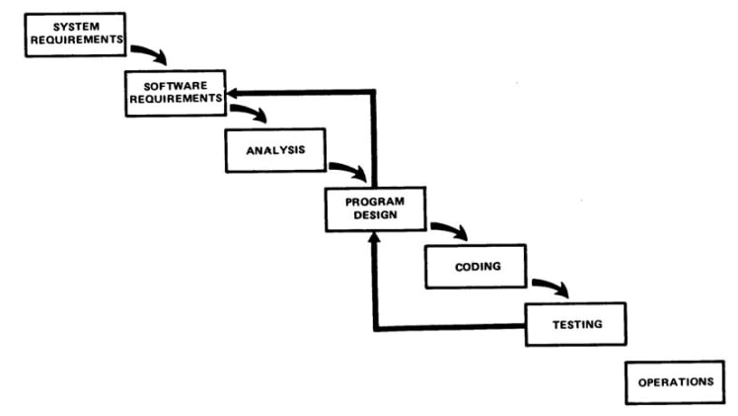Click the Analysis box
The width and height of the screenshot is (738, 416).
pyautogui.click(x=275, y=150)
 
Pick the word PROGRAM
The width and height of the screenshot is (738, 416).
pyautogui.click(x=375, y=202)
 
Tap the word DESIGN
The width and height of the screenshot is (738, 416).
pyautogui.click(x=375, y=217)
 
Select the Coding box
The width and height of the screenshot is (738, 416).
pyautogui.click(x=476, y=266)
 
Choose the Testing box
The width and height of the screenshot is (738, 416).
pyautogui.click(x=575, y=322)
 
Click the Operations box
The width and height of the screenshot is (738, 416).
pyautogui.click(x=675, y=381)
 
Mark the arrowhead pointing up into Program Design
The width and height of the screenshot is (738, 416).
pyautogui.click(x=375, y=240)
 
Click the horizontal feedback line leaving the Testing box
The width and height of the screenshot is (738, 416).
pyautogui.click(x=449, y=327)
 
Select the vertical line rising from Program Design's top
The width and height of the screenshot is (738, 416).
pyautogui.click(x=375, y=138)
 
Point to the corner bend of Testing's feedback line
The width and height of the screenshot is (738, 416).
pyautogui.click(x=375, y=327)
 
